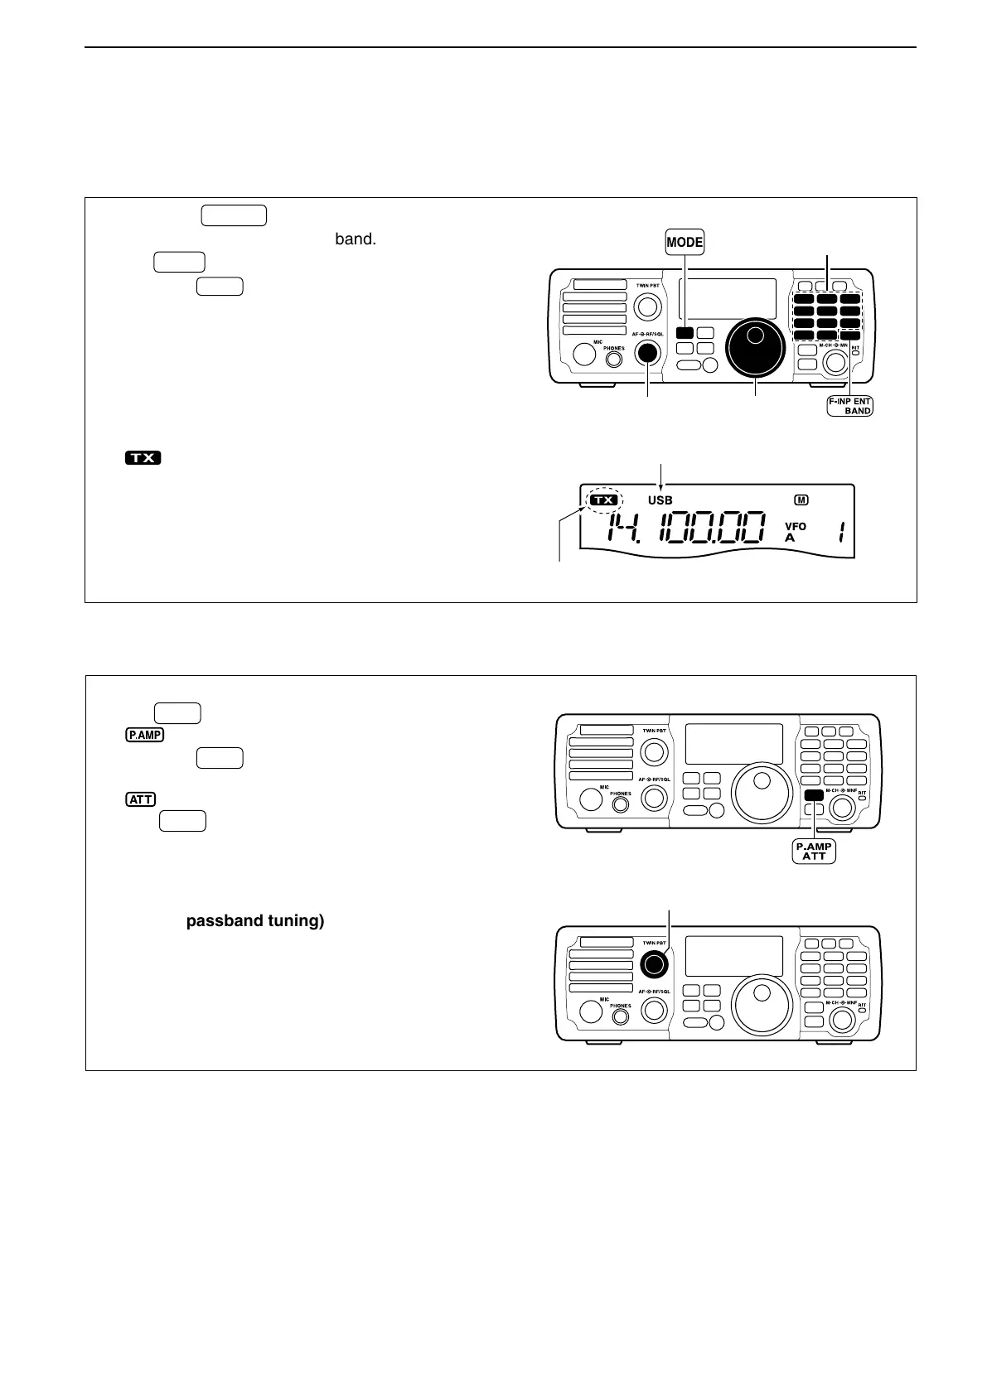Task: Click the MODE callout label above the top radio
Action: pos(685,243)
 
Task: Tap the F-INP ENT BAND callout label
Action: pos(849,405)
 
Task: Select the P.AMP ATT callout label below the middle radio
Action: pos(814,851)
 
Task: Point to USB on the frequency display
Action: pos(660,500)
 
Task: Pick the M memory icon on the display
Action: pos(801,500)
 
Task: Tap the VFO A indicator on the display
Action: pos(795,531)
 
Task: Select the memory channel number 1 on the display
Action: pos(840,532)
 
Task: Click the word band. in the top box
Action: pos(356,240)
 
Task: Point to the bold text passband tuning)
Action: pos(255,920)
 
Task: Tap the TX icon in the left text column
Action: pos(143,457)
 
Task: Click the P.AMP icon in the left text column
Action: pos(145,734)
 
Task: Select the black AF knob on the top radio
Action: pos(646,352)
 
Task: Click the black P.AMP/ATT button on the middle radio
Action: pos(814,794)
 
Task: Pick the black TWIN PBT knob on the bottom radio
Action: pos(654,963)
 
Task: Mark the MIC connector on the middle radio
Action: pos(591,799)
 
